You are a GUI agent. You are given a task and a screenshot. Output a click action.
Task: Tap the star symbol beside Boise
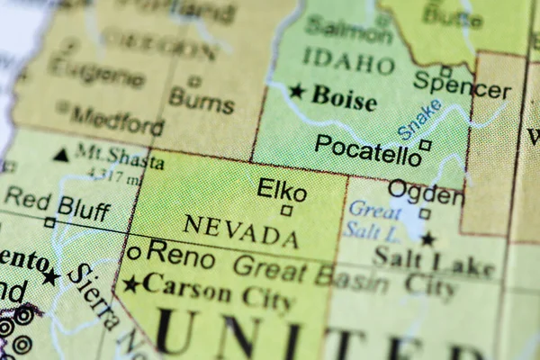(x=297, y=90)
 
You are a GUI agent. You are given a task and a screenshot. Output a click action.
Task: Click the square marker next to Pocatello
(x=425, y=144)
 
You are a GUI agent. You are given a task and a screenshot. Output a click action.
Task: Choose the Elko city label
(x=282, y=190)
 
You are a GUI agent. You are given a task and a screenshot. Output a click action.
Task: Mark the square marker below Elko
(x=286, y=211)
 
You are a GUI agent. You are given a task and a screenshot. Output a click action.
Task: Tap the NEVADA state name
(x=240, y=231)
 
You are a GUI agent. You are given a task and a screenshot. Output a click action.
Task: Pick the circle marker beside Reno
(x=134, y=253)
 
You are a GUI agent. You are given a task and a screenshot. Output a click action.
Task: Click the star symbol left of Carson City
(x=131, y=285)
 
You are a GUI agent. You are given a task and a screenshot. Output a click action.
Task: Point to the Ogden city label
(x=426, y=192)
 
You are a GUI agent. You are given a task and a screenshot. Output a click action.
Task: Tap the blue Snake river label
(x=419, y=120)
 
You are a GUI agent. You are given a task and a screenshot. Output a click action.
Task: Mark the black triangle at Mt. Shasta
(x=60, y=155)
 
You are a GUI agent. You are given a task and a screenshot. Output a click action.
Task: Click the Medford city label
(x=117, y=119)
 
